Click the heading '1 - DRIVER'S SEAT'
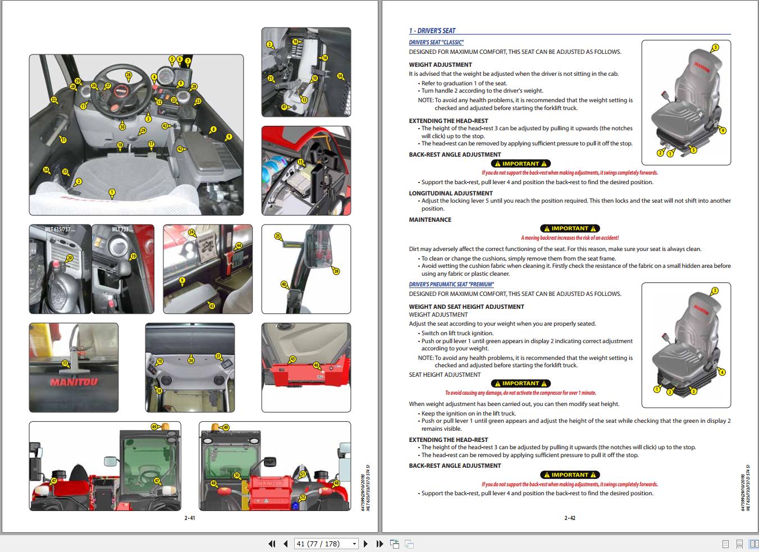(x=432, y=31)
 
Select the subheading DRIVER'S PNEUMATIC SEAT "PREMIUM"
(x=451, y=285)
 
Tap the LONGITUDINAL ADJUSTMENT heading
(x=451, y=193)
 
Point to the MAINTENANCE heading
(x=430, y=220)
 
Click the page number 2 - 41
(x=190, y=518)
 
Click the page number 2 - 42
(x=570, y=518)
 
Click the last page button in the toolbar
(x=379, y=544)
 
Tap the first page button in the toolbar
(x=272, y=544)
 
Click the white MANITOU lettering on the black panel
(x=74, y=382)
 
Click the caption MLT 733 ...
(x=121, y=229)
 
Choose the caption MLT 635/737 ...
(x=60, y=229)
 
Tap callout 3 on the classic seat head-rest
(x=715, y=48)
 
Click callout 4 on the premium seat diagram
(x=722, y=372)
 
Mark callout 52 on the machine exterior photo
(x=303, y=497)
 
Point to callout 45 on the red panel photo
(x=292, y=359)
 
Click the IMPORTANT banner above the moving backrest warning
(x=570, y=229)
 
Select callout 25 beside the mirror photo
(x=278, y=236)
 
